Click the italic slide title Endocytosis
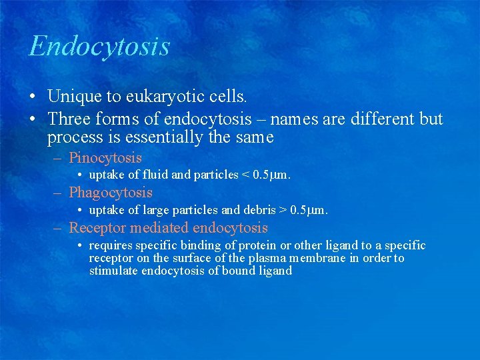99,47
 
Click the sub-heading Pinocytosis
105,158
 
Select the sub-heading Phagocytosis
111,193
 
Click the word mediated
158,228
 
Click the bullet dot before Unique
33,97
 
